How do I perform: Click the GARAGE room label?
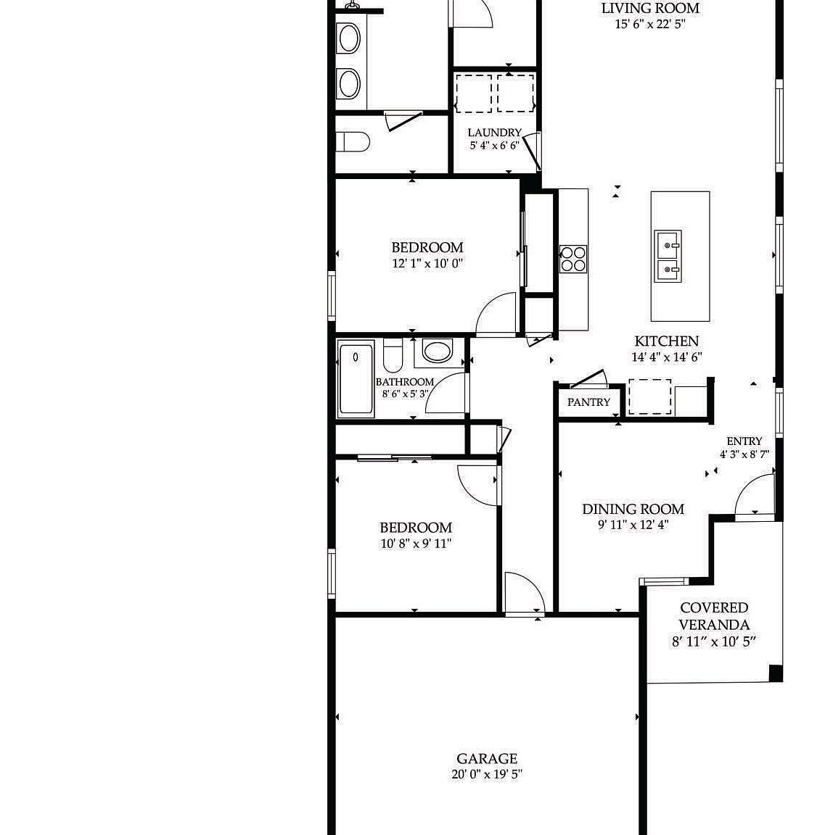point(486,759)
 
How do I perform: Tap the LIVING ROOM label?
point(650,9)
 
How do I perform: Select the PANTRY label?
point(588,402)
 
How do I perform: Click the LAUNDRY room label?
point(494,133)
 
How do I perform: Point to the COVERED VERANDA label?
point(714,616)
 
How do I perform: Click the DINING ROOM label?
point(633,510)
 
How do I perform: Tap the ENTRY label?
point(744,441)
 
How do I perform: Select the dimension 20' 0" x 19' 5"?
point(486,774)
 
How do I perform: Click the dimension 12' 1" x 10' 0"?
point(427,264)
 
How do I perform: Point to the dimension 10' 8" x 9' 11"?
point(416,544)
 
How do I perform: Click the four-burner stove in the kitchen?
point(573,259)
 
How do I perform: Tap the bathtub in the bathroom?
point(356,378)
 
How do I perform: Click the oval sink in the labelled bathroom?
point(437,352)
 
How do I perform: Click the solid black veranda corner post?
point(775,673)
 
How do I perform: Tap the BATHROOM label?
point(404,382)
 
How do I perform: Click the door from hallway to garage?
point(524,593)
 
